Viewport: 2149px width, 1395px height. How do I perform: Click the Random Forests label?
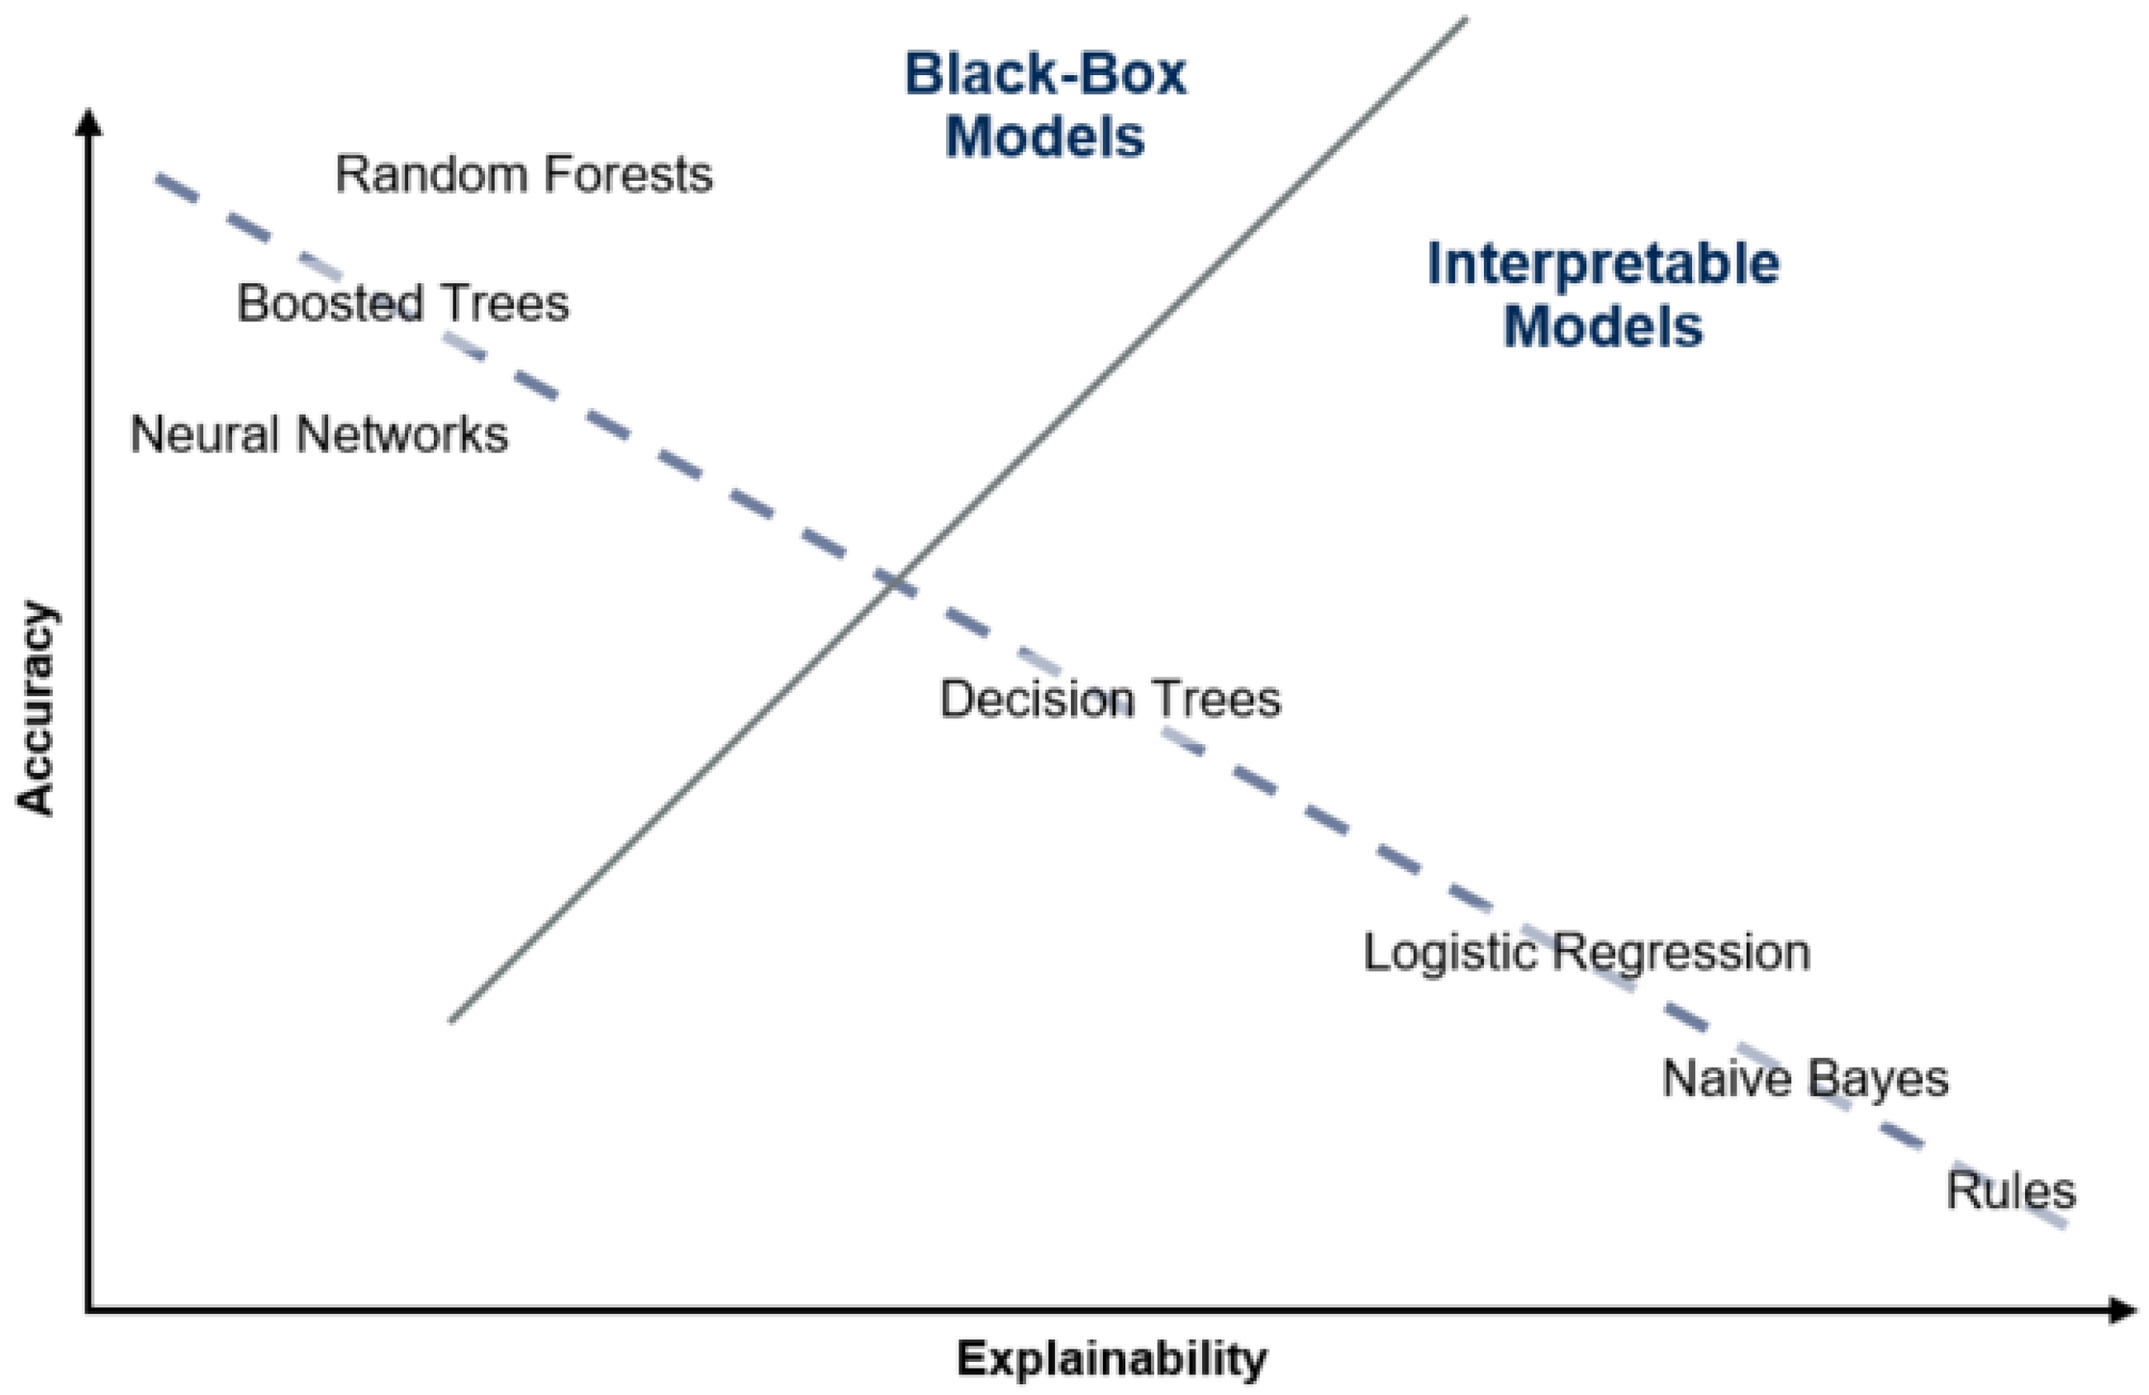[524, 174]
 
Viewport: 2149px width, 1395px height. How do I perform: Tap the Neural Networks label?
[320, 434]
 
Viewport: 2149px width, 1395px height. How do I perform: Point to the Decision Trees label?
[1110, 700]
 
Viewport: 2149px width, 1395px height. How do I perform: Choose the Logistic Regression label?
[1586, 952]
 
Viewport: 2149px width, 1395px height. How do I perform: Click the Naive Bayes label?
[1806, 1079]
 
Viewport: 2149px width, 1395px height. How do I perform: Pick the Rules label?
[2011, 1191]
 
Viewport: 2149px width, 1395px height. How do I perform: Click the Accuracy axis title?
[38, 709]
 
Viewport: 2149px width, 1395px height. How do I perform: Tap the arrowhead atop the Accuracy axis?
[88, 122]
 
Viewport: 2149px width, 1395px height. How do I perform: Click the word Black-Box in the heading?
[1046, 74]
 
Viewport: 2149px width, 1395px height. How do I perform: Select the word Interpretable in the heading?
[1604, 264]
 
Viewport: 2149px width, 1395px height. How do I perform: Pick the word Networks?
[402, 434]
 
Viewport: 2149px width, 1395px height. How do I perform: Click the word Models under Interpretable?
[1604, 326]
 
